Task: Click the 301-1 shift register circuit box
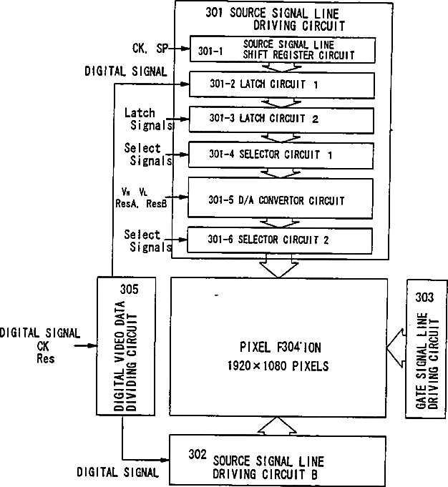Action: pyautogui.click(x=282, y=49)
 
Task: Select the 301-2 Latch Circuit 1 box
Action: pyautogui.click(x=282, y=84)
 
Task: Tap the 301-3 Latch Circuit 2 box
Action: pyautogui.click(x=282, y=119)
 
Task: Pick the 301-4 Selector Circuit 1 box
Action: pyautogui.click(x=282, y=154)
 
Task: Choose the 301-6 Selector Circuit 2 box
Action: pyautogui.click(x=282, y=239)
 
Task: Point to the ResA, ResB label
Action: pyautogui.click(x=145, y=203)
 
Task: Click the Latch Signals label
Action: pyautogui.click(x=148, y=119)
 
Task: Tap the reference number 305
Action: pyautogui.click(x=129, y=290)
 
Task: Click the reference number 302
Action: pyautogui.click(x=198, y=453)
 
